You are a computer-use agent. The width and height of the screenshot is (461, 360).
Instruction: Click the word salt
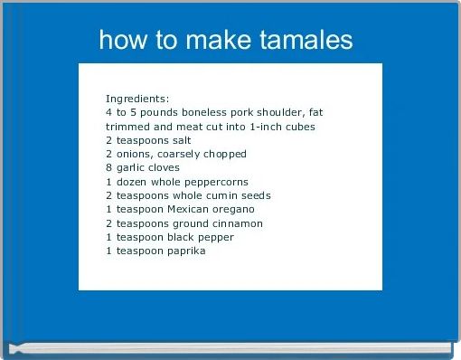177,140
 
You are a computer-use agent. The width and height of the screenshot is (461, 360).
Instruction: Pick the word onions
131,154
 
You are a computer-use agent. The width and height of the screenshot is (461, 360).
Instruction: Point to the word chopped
224,154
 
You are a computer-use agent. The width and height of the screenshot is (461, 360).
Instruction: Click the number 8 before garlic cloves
108,167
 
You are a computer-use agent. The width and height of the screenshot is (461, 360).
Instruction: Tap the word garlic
129,167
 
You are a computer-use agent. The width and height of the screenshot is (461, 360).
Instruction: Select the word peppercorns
216,182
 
